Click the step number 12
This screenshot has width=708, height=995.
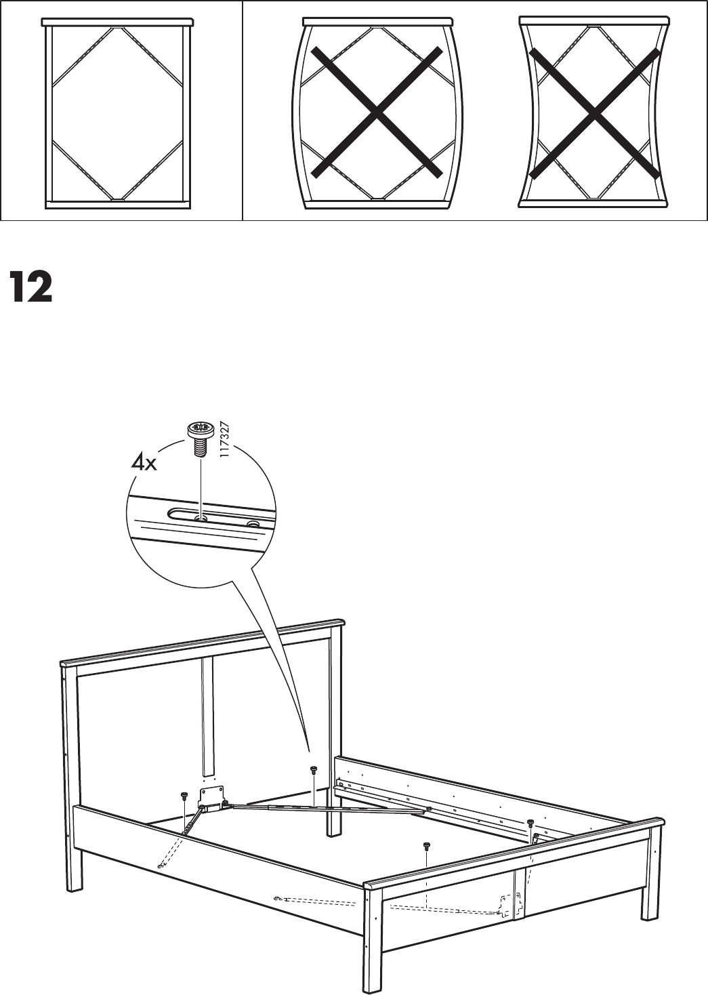(31, 287)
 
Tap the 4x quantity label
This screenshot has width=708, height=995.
(144, 464)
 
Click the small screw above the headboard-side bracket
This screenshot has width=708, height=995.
(184, 795)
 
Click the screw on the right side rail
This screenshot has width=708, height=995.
(530, 823)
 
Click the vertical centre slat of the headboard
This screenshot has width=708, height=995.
(207, 715)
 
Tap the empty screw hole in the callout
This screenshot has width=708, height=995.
(253, 524)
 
